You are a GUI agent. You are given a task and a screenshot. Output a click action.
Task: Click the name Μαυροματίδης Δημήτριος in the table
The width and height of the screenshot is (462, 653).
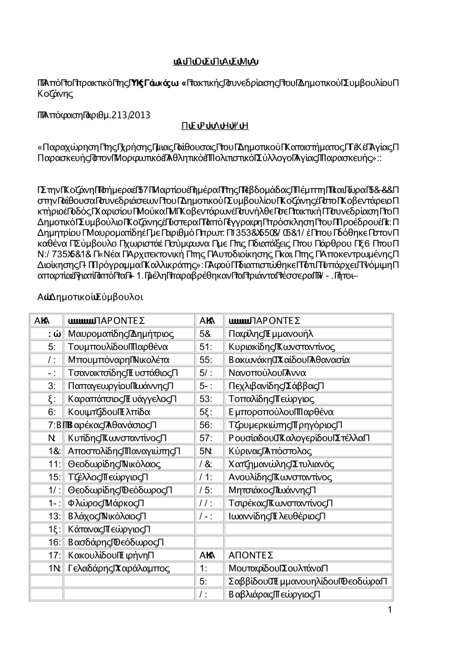pos(121,334)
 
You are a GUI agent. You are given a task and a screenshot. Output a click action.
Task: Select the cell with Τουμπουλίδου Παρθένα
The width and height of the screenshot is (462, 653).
pos(117,347)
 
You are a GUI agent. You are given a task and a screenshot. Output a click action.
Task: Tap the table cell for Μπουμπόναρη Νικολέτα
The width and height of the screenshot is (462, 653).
pos(118,359)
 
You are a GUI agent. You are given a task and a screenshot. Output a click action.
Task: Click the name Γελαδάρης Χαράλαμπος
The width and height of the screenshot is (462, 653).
pos(119,568)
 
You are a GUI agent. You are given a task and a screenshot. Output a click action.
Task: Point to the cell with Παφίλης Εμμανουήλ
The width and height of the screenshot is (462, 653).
pos(271,334)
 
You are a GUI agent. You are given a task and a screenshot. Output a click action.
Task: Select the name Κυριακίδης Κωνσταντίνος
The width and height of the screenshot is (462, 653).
pos(281,347)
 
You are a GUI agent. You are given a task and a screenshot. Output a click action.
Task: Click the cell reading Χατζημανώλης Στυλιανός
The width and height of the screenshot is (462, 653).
pos(281,464)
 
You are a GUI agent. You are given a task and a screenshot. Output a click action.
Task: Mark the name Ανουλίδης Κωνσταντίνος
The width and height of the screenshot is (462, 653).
pos(280,477)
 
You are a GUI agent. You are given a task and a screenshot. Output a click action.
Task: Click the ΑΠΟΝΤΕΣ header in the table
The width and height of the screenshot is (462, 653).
pos(251,555)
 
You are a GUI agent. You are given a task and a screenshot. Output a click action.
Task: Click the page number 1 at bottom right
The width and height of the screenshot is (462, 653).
pos(390,611)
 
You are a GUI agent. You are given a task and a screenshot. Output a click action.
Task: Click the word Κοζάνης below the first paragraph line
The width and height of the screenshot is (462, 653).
pos(55,94)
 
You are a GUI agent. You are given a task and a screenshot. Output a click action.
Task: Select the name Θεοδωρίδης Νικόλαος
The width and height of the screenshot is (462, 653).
pos(114,464)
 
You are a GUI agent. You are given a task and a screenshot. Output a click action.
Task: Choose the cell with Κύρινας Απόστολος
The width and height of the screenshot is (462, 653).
pos(270,451)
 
